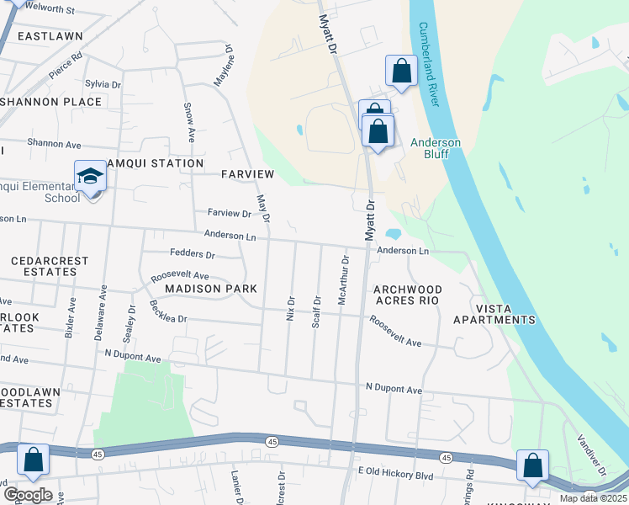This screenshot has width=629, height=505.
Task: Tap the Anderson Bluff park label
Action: pyautogui.click(x=436, y=148)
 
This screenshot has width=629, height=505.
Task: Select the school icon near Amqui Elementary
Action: pyautogui.click(x=91, y=177)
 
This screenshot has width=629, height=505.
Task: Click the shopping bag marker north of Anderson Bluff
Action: pyautogui.click(x=401, y=72)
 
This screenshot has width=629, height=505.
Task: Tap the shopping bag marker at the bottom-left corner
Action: pyautogui.click(x=33, y=460)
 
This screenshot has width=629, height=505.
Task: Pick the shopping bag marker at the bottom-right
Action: pyautogui.click(x=532, y=465)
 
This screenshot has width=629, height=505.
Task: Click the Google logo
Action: pyautogui.click(x=27, y=495)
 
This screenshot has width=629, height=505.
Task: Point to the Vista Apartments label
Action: pyautogui.click(x=494, y=313)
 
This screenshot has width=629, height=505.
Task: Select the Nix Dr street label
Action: pyautogui.click(x=291, y=311)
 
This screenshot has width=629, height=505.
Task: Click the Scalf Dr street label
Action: pyautogui.click(x=317, y=311)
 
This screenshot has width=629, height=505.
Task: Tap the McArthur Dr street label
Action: pyautogui.click(x=342, y=288)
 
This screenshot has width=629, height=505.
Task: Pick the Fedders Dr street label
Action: pyautogui.click(x=193, y=253)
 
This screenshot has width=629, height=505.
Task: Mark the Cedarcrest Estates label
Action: pyautogui.click(x=50, y=267)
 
